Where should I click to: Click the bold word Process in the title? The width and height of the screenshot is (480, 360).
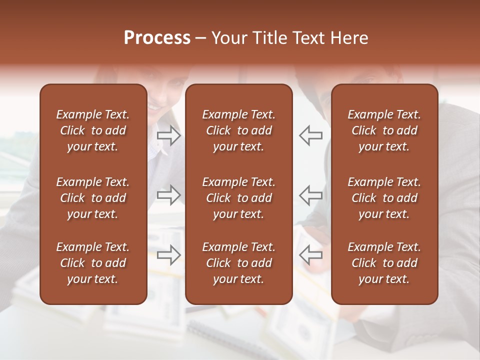click(157, 38)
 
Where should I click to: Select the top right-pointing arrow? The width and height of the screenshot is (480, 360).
click(168, 135)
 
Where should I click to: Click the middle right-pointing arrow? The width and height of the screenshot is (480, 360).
click(168, 195)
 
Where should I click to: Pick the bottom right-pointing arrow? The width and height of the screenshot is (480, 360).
click(168, 254)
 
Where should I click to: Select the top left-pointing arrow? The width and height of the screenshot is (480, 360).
click(310, 135)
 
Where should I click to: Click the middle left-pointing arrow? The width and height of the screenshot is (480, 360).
click(310, 195)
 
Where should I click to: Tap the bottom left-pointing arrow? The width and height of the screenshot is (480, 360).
click(310, 254)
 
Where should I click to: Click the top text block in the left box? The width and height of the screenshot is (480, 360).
click(93, 130)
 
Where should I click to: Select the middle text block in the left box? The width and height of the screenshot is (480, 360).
click(93, 198)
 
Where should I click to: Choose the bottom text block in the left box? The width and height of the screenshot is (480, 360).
click(93, 263)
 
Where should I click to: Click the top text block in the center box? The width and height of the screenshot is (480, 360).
click(238, 130)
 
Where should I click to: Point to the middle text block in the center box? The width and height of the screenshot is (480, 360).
click(238, 198)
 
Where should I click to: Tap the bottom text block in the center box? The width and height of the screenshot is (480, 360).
click(238, 263)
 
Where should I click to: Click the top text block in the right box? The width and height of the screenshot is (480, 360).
click(384, 130)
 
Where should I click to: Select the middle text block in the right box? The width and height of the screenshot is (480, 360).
click(384, 198)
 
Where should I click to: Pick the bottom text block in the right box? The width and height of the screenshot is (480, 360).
click(384, 263)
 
